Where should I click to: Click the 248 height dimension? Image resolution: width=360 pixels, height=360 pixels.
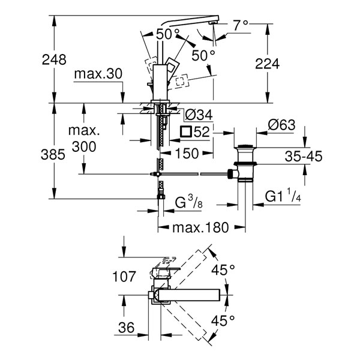54,59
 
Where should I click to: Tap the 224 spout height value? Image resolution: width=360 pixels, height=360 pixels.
268,64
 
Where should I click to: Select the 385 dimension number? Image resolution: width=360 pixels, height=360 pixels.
53,154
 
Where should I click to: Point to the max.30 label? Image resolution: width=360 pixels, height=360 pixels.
98,74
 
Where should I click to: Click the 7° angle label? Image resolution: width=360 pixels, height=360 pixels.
241,25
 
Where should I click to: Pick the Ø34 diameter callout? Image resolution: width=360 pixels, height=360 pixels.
199,115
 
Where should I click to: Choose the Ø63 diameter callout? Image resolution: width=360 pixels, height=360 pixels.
282,125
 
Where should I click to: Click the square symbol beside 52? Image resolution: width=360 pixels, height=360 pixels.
186,132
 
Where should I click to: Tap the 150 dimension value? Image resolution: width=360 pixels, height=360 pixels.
187,153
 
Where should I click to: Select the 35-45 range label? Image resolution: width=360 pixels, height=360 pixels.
304,157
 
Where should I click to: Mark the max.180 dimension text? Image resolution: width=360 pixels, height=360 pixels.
200,227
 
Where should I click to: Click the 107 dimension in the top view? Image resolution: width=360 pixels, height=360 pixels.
124,276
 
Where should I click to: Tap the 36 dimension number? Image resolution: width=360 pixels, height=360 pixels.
126,328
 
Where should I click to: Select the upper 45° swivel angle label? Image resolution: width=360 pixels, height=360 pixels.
223,270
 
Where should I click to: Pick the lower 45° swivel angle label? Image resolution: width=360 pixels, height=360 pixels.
223,321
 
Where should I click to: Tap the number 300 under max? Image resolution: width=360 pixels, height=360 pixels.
84,147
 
